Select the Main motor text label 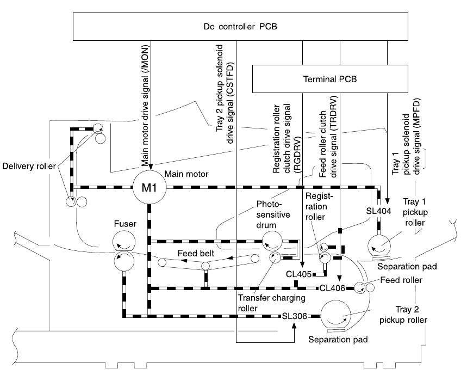(x=190, y=175)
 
